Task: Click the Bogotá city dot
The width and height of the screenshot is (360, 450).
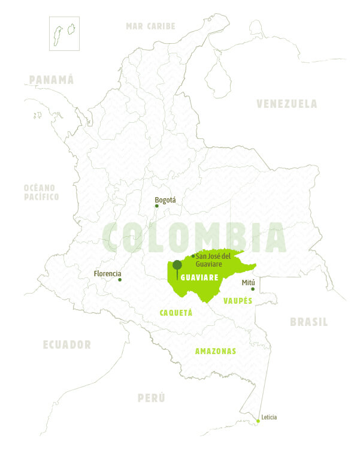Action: click(x=157, y=206)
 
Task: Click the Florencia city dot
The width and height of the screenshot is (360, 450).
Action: click(x=120, y=280)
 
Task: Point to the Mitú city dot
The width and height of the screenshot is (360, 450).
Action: click(x=253, y=289)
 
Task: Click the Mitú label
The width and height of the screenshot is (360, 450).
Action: click(x=248, y=282)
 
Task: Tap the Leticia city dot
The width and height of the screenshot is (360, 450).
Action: click(x=258, y=421)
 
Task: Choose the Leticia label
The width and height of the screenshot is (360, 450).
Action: click(x=269, y=417)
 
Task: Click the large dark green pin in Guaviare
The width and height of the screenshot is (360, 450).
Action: click(x=177, y=265)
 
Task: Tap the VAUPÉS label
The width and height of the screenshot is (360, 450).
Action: click(x=238, y=300)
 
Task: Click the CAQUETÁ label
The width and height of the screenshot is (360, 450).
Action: click(x=176, y=312)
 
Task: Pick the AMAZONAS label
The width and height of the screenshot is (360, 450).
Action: click(x=216, y=351)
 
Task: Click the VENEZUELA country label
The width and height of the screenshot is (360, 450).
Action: click(x=287, y=104)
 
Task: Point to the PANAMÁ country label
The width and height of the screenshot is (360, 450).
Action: click(x=52, y=80)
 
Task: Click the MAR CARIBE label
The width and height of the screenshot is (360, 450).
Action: click(x=150, y=26)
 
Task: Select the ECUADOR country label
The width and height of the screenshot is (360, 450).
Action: click(x=67, y=345)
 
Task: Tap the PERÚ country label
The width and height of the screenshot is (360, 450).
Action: click(x=151, y=398)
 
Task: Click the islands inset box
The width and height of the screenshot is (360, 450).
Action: click(x=65, y=33)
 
